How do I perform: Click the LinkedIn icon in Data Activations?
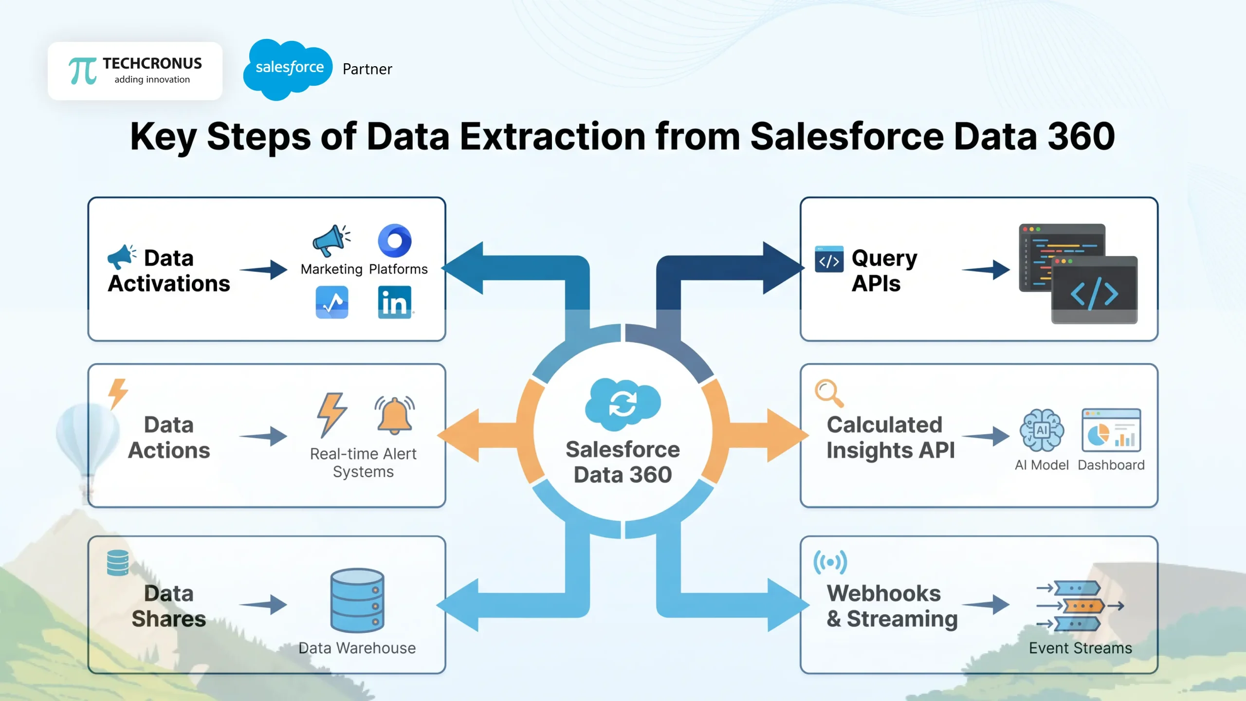[x=394, y=302]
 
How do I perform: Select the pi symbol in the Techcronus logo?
[x=82, y=71]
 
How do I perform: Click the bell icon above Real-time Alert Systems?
[x=395, y=415]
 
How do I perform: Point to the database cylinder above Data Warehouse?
[x=357, y=600]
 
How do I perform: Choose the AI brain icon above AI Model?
[x=1042, y=430]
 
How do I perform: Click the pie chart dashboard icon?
[x=1111, y=431]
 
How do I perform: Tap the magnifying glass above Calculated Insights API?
[x=828, y=392]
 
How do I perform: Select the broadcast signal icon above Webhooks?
[x=830, y=563]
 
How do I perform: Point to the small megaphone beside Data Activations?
[x=121, y=257]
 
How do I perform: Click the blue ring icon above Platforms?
[x=395, y=240]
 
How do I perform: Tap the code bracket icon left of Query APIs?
[x=829, y=260]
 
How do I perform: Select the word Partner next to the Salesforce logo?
[x=367, y=69]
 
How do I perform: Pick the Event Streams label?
[x=1080, y=648]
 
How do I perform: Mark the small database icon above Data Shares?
[x=118, y=563]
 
